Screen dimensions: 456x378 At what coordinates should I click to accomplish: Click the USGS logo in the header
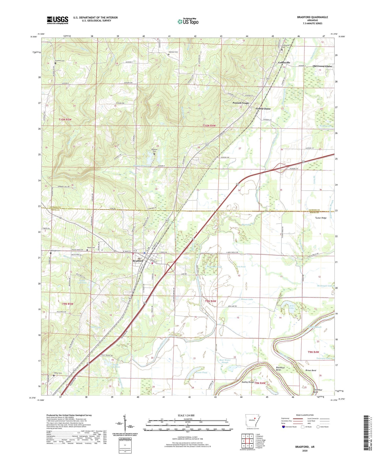(x=58, y=20)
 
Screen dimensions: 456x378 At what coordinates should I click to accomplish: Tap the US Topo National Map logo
(x=188, y=21)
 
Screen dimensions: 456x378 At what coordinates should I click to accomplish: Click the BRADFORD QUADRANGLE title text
(x=312, y=17)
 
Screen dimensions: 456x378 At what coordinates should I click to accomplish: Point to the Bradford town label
(x=138, y=261)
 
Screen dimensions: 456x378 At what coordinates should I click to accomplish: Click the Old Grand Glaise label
(x=322, y=66)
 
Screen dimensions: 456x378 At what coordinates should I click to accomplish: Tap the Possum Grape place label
(x=241, y=103)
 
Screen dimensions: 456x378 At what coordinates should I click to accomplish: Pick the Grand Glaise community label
(x=263, y=109)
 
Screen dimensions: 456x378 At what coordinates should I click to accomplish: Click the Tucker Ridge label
(x=321, y=218)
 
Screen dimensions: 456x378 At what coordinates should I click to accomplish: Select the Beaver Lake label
(x=247, y=299)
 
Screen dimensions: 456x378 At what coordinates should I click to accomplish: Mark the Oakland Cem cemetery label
(x=173, y=52)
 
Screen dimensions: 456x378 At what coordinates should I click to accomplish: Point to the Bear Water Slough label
(x=225, y=361)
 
